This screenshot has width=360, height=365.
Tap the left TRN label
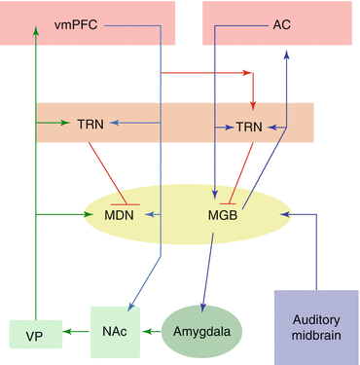click(x=91, y=124)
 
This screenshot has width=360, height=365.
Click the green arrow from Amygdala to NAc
click(x=149, y=332)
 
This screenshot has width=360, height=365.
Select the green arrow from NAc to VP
click(x=74, y=333)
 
